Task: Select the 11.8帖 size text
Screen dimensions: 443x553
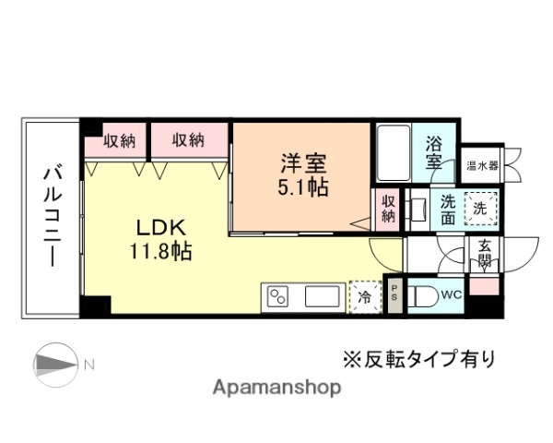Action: point(161,250)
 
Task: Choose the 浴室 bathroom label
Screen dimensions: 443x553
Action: point(435,153)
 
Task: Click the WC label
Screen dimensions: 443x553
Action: point(450,295)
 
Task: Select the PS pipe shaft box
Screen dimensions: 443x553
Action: point(394,296)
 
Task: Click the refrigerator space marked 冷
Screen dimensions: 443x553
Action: point(364,297)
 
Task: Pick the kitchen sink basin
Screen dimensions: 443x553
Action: point(322,297)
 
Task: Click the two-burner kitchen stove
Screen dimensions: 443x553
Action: point(278,297)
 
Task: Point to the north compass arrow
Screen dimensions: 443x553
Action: point(60,363)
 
